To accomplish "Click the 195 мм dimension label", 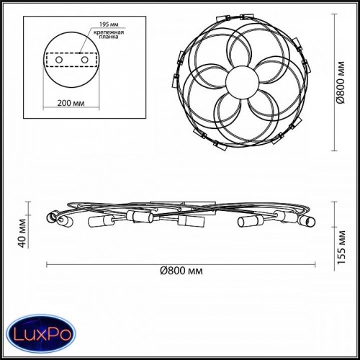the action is (x=109, y=24).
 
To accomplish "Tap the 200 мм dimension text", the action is (x=71, y=103).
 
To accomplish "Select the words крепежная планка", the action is (x=109, y=35).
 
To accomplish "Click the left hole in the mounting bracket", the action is (x=59, y=60).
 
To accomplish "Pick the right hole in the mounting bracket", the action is (x=85, y=60).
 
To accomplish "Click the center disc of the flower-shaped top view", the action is (x=243, y=82).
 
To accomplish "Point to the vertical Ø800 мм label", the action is (x=341, y=83).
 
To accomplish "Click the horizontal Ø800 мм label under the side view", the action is (x=181, y=271).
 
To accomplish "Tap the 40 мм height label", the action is (x=22, y=233).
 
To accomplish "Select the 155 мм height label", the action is (x=341, y=247).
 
